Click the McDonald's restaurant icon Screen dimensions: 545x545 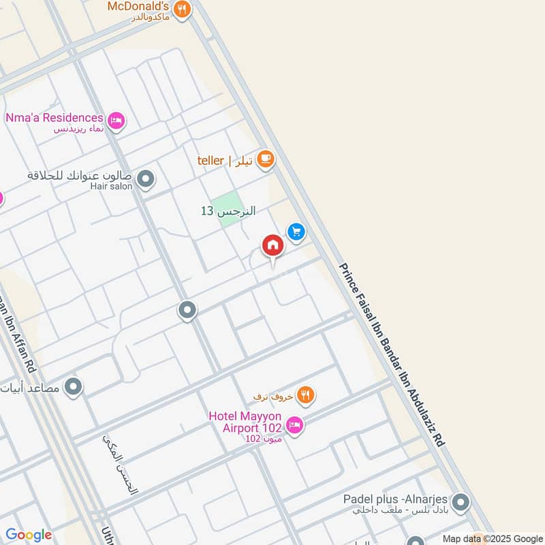[x=181, y=9]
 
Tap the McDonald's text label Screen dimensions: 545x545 [x=139, y=7]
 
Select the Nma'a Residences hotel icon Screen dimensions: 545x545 [x=116, y=121]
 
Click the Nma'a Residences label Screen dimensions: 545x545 [x=54, y=118]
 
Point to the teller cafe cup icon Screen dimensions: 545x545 [x=265, y=160]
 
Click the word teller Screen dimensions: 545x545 [x=211, y=161]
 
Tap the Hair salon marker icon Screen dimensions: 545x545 [x=145, y=180]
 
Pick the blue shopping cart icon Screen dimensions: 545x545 [x=295, y=232]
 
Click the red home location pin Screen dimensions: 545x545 [x=272, y=245]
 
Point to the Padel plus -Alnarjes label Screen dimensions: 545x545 [x=395, y=499]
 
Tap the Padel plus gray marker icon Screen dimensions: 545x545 [x=461, y=503]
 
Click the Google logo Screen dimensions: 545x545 [x=29, y=535]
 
